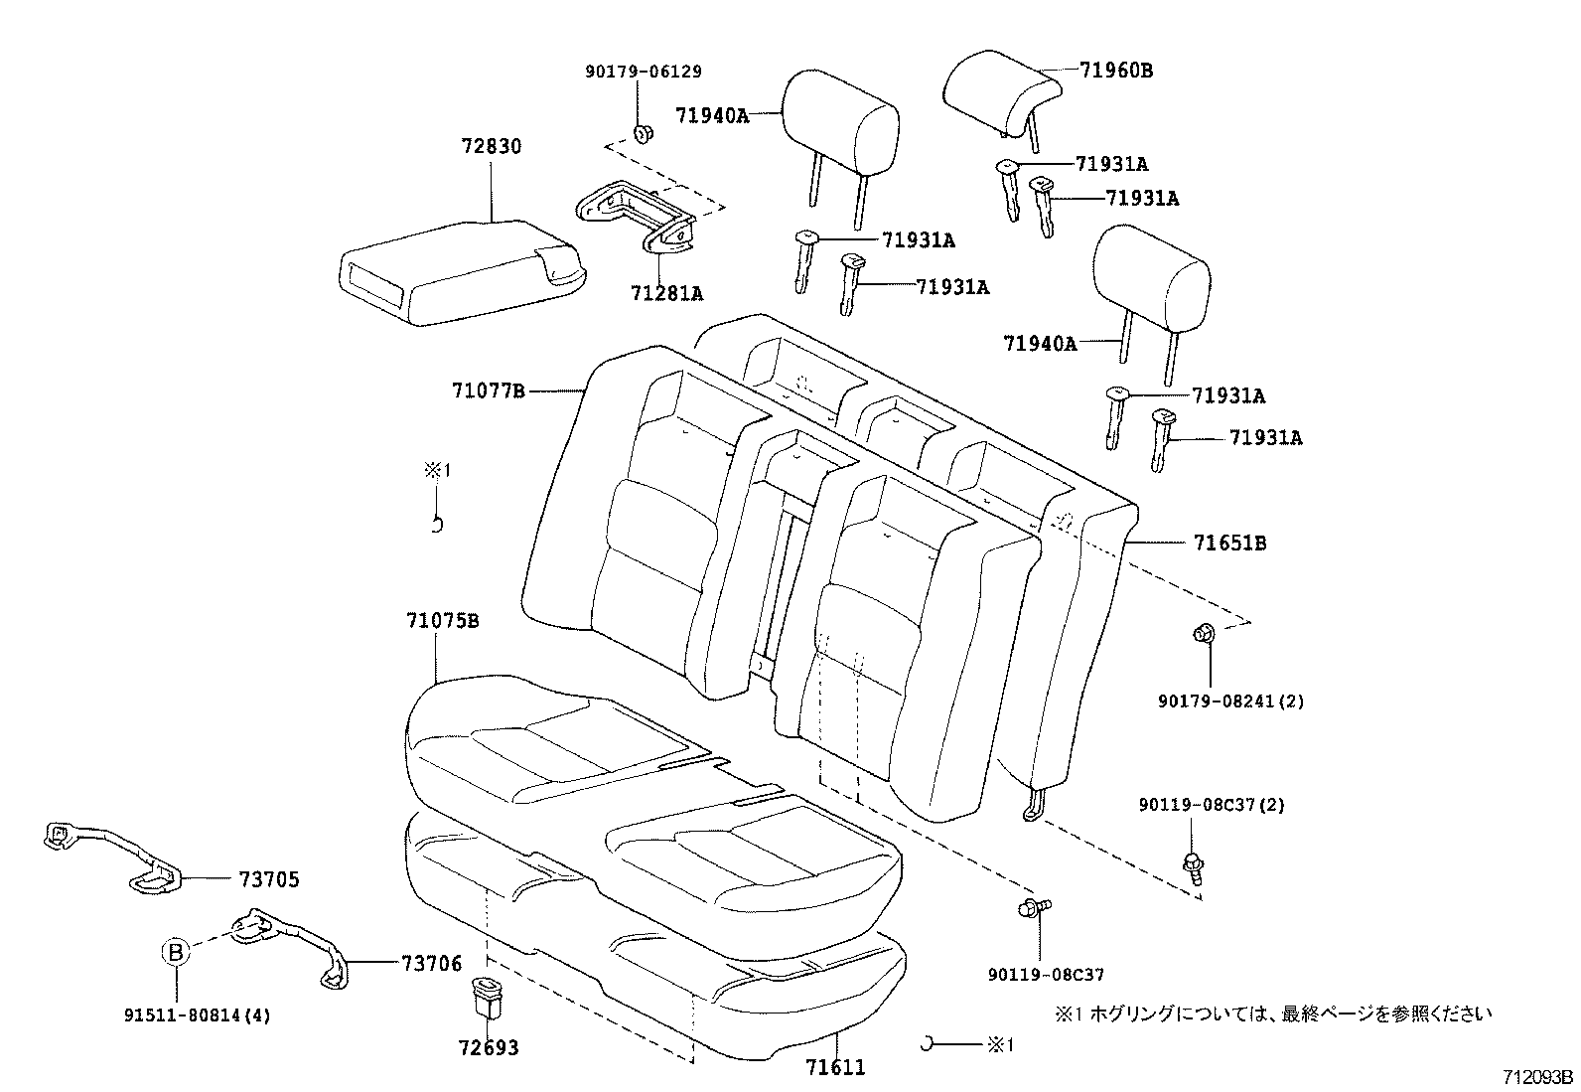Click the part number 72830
click(x=491, y=146)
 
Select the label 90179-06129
click(x=643, y=72)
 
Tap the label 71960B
click(x=1116, y=71)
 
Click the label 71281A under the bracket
click(x=666, y=293)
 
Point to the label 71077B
click(x=488, y=391)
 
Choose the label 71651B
click(x=1229, y=544)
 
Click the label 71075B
click(x=443, y=621)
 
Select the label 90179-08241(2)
click(x=1230, y=702)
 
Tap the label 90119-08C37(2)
click(x=1212, y=805)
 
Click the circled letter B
click(x=175, y=952)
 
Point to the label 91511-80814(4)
click(x=198, y=1015)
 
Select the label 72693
click(x=489, y=1048)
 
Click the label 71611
click(x=835, y=1068)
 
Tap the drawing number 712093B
click(x=1537, y=1076)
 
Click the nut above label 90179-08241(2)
click(x=1202, y=633)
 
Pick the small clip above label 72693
click(x=488, y=997)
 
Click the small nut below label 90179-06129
click(x=643, y=132)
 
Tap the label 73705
click(x=268, y=879)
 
